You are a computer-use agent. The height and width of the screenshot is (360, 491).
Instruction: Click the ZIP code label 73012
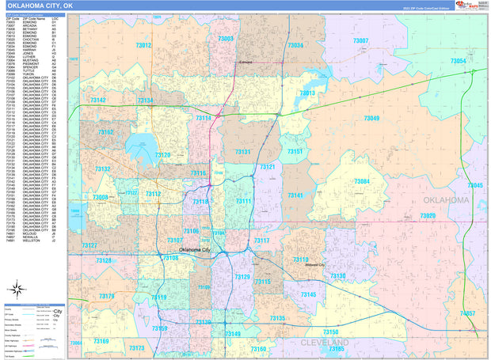tap(143, 46)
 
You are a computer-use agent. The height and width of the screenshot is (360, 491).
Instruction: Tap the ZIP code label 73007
tap(360, 40)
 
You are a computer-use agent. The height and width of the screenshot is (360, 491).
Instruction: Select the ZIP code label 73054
tap(458, 61)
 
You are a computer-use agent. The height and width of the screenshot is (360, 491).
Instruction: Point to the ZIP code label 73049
tap(371, 118)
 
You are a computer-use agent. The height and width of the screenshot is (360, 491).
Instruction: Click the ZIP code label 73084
tap(361, 182)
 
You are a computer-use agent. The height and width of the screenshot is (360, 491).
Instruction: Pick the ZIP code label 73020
tap(428, 215)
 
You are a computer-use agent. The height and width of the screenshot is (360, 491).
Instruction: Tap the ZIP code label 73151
tap(295, 151)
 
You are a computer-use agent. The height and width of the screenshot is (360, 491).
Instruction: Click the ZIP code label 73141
tap(295, 195)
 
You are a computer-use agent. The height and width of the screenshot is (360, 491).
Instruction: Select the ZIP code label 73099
tap(101, 197)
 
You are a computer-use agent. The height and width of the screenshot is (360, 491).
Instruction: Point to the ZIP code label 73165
tap(337, 348)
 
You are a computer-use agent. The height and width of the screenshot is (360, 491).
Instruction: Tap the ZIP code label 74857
tap(467, 314)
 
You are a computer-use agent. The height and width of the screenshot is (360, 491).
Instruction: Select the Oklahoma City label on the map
tap(195, 250)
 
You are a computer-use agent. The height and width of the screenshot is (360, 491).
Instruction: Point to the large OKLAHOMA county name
tap(447, 201)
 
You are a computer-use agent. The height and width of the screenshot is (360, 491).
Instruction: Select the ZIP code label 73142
tap(97, 100)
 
